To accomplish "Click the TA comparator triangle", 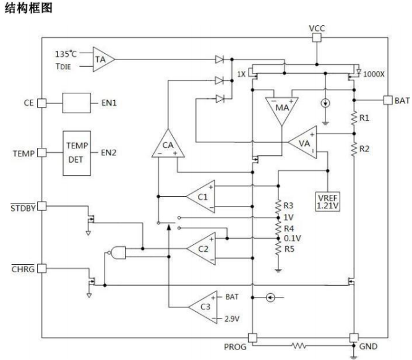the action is click(x=103, y=59).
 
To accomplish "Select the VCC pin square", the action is click(x=317, y=38).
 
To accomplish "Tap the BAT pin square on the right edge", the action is click(x=388, y=100).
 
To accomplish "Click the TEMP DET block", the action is click(x=77, y=153).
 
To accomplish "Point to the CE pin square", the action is click(x=41, y=103).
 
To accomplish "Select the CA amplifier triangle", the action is click(x=168, y=145).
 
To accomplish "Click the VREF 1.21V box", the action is click(x=327, y=202).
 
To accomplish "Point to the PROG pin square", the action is click(x=252, y=338).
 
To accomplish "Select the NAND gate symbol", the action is click(x=117, y=253).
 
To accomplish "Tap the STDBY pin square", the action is click(x=41, y=206).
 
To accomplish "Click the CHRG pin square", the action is click(x=41, y=268).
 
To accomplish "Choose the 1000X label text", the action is click(x=374, y=74).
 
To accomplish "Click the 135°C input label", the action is click(x=66, y=54).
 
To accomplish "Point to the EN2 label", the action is click(x=108, y=153).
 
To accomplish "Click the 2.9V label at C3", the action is click(x=232, y=319).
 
